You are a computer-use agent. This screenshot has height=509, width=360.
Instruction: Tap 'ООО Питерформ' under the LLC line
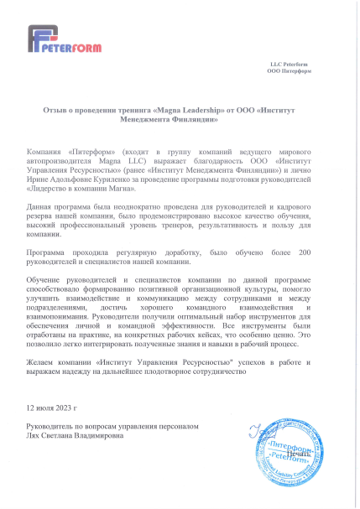coord(290,71)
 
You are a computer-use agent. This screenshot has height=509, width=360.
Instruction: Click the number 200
coord(305,252)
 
